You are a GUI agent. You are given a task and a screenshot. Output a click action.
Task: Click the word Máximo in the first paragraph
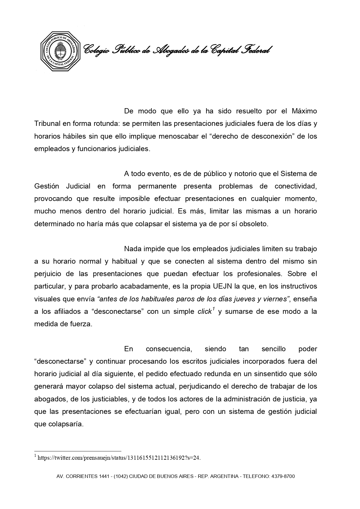pyautogui.click(x=304, y=111)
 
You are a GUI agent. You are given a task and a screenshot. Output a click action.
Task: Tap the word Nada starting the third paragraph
pyautogui.click(x=132, y=249)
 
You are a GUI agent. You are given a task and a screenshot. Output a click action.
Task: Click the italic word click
pyautogui.click(x=205, y=312)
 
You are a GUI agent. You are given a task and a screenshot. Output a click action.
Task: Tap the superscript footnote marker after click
pyautogui.click(x=213, y=309)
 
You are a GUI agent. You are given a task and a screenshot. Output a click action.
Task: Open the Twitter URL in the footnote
pyautogui.click(x=119, y=458)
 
